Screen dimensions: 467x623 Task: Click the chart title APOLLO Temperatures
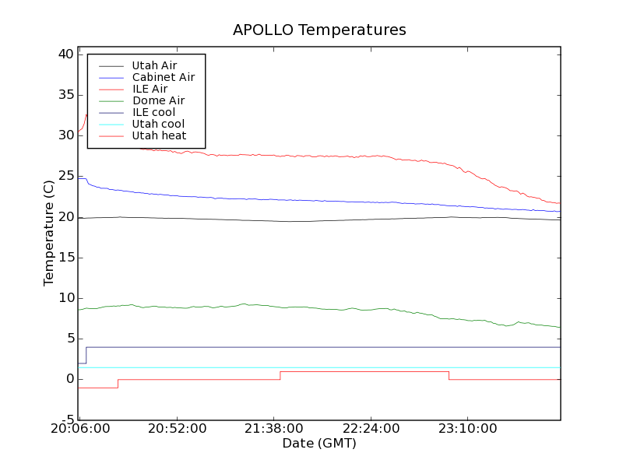(319, 30)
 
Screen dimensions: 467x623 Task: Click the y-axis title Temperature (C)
(48, 233)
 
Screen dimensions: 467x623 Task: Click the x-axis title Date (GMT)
(319, 443)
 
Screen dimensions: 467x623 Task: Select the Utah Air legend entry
(154, 65)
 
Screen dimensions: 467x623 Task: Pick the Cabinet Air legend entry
(164, 77)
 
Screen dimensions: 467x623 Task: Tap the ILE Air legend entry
(150, 89)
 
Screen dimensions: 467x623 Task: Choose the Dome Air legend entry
(158, 100)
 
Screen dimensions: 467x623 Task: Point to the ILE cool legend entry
(153, 112)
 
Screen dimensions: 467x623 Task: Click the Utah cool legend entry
(158, 124)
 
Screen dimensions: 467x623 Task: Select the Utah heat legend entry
(159, 135)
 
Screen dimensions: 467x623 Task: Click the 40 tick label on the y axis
(65, 54)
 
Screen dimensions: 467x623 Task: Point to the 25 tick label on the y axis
(65, 176)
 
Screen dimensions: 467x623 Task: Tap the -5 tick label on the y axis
(68, 420)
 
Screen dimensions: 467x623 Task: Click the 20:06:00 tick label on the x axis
(79, 429)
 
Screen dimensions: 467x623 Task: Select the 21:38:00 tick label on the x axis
(273, 429)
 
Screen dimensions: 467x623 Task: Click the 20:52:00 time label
(177, 429)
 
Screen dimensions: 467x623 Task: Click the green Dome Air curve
(311, 307)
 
